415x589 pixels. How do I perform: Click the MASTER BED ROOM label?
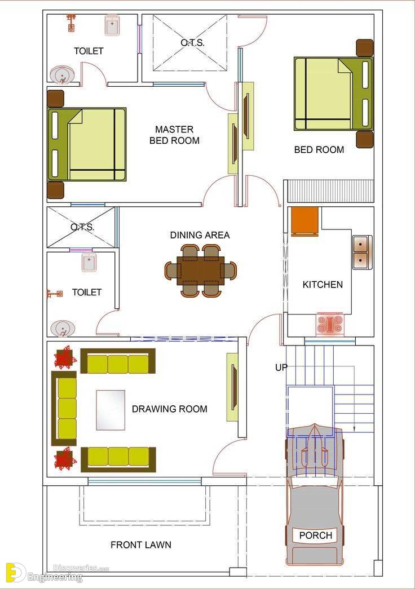[x=174, y=135]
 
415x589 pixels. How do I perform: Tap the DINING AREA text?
[x=200, y=235]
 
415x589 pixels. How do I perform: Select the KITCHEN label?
[x=323, y=285]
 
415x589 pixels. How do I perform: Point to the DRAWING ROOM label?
[x=170, y=409]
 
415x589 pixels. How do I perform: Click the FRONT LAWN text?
[x=140, y=544]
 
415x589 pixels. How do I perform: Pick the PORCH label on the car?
[x=316, y=535]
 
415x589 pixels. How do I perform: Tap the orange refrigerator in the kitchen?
[x=305, y=222]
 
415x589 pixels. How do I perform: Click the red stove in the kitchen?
[x=330, y=324]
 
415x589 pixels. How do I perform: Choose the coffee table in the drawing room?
[x=111, y=410]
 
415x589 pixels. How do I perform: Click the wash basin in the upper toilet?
[x=62, y=75]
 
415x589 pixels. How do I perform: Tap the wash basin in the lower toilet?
[x=63, y=328]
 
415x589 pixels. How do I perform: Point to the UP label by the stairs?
[x=281, y=367]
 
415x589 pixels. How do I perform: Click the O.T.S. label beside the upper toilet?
[x=192, y=43]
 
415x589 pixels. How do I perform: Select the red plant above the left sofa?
[x=65, y=357]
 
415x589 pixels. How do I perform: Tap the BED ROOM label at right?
[x=319, y=150]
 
